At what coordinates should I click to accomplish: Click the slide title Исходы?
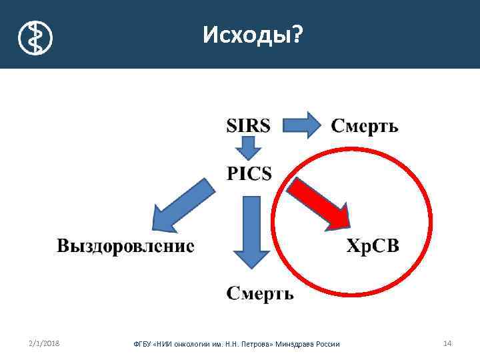252,33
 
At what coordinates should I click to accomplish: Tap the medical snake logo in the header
34,37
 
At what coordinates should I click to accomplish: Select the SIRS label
249,126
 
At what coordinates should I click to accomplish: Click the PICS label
249,174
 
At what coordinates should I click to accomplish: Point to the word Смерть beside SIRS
365,126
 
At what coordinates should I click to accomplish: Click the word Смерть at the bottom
259,294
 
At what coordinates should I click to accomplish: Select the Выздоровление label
126,246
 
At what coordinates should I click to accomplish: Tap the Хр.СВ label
373,246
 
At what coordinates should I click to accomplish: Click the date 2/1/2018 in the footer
44,343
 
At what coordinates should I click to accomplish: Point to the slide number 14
447,343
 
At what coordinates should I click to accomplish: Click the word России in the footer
327,344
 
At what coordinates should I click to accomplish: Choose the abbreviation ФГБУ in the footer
143,344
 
